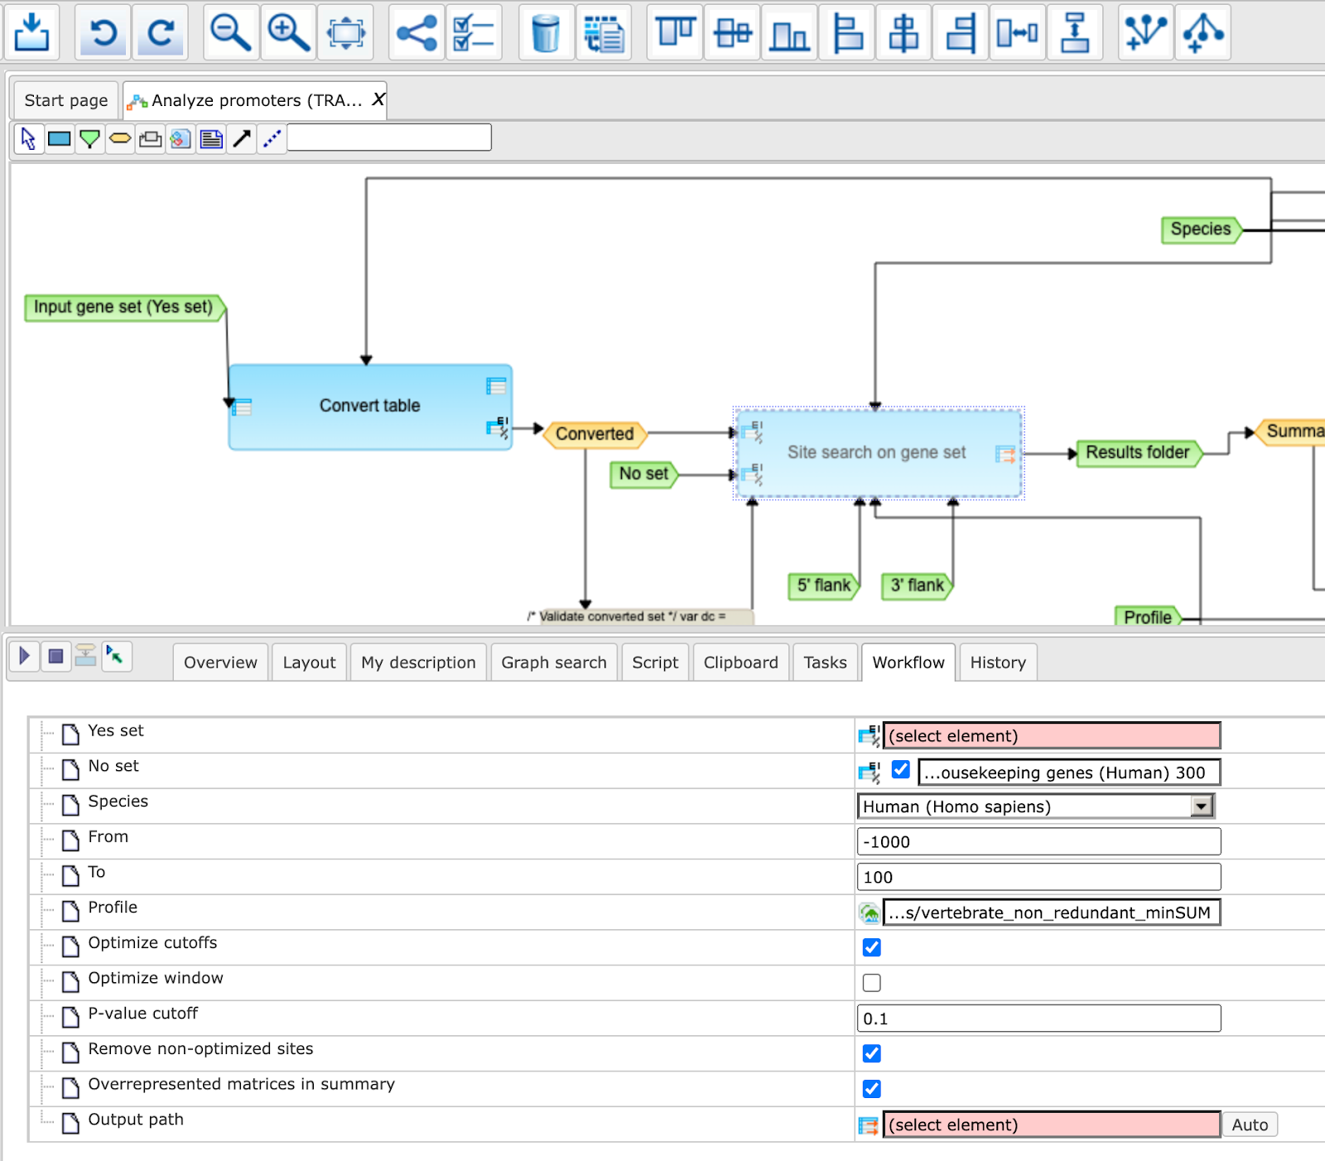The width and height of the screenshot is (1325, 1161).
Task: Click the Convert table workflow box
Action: click(x=370, y=407)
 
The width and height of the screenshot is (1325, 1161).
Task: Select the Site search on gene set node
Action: click(x=879, y=453)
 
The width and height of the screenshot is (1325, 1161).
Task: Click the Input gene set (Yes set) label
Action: click(x=124, y=307)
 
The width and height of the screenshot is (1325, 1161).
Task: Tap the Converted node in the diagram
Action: click(x=595, y=434)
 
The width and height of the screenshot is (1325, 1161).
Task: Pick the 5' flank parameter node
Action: click(x=824, y=585)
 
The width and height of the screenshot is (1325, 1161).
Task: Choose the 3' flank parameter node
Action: click(x=918, y=585)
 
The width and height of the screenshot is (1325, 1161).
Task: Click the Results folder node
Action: click(x=1138, y=453)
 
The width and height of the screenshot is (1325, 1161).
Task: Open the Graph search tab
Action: click(x=554, y=662)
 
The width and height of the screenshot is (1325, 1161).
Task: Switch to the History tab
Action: click(x=998, y=662)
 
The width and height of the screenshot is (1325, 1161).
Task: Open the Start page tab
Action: click(x=66, y=100)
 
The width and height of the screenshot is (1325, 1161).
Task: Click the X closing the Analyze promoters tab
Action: click(x=378, y=99)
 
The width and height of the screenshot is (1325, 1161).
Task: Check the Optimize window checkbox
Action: click(x=872, y=983)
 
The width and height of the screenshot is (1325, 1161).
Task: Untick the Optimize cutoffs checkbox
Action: click(x=872, y=947)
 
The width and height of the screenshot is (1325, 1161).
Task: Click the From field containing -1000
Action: click(x=1038, y=842)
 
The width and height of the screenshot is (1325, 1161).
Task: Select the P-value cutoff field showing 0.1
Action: click(x=1038, y=1019)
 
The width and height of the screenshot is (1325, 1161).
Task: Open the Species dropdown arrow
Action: click(x=1202, y=806)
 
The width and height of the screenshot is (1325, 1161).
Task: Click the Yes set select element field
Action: click(x=1052, y=736)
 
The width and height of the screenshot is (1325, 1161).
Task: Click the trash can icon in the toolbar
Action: click(x=547, y=33)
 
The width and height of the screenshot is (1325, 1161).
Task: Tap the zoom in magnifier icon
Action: click(x=288, y=33)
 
